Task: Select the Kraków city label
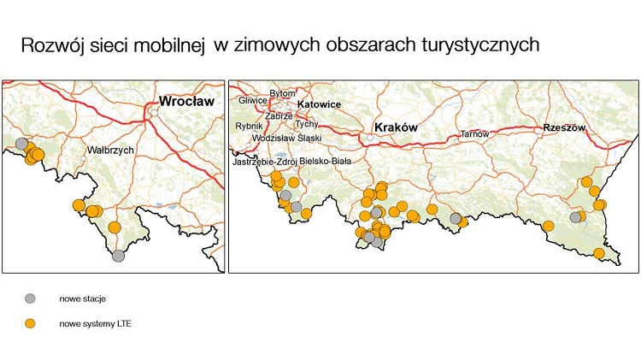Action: point(394,127)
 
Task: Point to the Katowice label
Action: point(320,104)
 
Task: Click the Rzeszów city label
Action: point(564,128)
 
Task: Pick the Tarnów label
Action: point(474,134)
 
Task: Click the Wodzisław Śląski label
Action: point(285,138)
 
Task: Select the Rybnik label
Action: point(249,126)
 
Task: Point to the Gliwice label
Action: point(253,100)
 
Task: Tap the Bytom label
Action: point(281,92)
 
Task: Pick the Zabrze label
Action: point(279,115)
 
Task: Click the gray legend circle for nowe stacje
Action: point(31,298)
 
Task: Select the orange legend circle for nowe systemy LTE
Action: point(31,324)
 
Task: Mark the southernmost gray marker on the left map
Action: point(118,255)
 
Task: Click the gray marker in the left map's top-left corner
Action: point(21,143)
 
